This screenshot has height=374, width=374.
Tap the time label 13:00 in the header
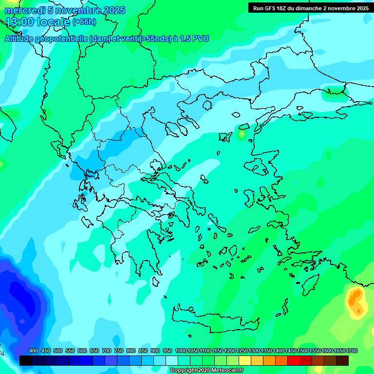[19, 22]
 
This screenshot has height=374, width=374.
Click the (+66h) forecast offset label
[84, 22]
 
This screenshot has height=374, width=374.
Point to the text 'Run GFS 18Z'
[269, 8]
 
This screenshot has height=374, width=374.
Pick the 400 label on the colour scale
[34, 351]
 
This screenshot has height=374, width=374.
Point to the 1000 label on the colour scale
[181, 351]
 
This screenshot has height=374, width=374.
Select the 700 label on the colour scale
[107, 351]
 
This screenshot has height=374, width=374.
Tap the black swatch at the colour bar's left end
[26, 360]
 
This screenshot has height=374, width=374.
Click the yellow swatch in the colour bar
[245, 360]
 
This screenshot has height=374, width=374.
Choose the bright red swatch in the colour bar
[294, 360]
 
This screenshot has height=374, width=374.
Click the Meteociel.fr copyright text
[206, 371]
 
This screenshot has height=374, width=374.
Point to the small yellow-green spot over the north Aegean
[242, 133]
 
